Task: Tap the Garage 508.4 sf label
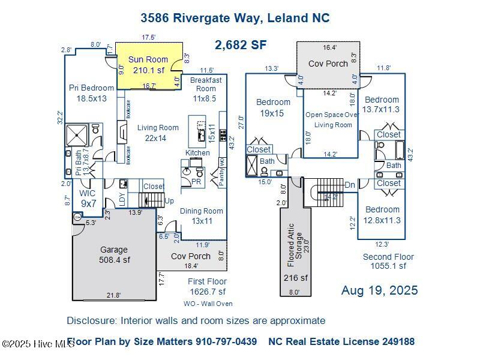pos(114,254)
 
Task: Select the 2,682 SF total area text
pos(241,44)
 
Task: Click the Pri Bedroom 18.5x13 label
pos(91,93)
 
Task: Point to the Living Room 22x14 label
pos(158,133)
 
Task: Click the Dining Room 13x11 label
pos(201,215)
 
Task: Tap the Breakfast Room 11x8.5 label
pos(206,89)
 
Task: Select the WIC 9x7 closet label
pos(88,199)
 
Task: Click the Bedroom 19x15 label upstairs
pos(272,107)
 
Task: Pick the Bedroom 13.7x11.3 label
pos(382,104)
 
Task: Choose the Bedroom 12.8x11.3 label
pos(382,214)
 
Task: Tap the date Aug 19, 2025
pos(379,290)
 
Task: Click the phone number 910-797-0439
pos(226,341)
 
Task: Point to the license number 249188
pos(393,341)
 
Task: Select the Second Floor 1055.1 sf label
pos(388,261)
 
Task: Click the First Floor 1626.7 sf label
pos(207,286)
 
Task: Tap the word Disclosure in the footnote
pos(91,320)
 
